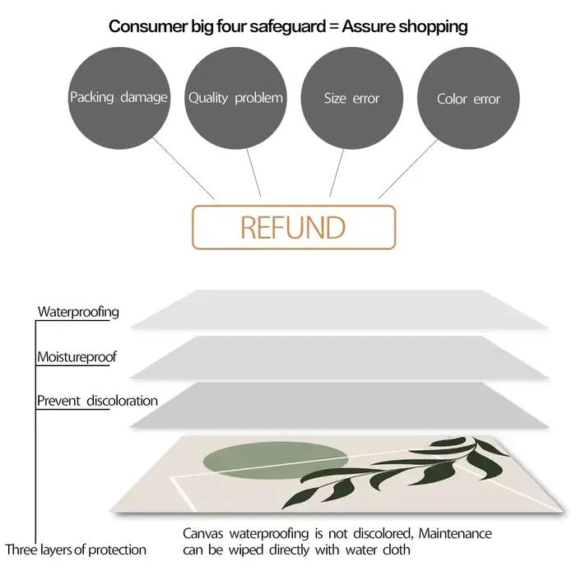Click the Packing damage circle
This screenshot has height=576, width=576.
pyautogui.click(x=119, y=98)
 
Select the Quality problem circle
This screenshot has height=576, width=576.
pyautogui.click(x=235, y=98)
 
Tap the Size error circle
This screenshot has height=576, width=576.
pyautogui.click(x=352, y=98)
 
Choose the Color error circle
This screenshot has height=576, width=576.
pyautogui.click(x=468, y=98)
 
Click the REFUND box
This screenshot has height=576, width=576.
pyautogui.click(x=294, y=227)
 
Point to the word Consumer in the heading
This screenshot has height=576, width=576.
pyautogui.click(x=148, y=26)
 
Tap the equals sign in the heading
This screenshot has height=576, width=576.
pyautogui.click(x=334, y=27)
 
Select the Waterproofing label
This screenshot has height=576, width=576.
pyautogui.click(x=78, y=312)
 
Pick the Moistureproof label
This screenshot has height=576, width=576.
pyautogui.click(x=77, y=356)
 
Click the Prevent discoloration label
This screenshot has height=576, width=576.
pyautogui.click(x=97, y=401)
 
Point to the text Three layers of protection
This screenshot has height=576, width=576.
pyautogui.click(x=76, y=550)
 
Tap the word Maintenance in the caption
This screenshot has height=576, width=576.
pyautogui.click(x=455, y=533)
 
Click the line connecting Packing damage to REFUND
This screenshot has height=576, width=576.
pyautogui.click(x=183, y=168)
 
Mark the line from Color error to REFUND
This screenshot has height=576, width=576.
pyautogui.click(x=408, y=169)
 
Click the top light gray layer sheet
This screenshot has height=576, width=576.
pyautogui.click(x=339, y=309)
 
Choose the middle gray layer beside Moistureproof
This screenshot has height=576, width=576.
pyautogui.click(x=339, y=357)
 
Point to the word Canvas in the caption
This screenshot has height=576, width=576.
pyautogui.click(x=203, y=533)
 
